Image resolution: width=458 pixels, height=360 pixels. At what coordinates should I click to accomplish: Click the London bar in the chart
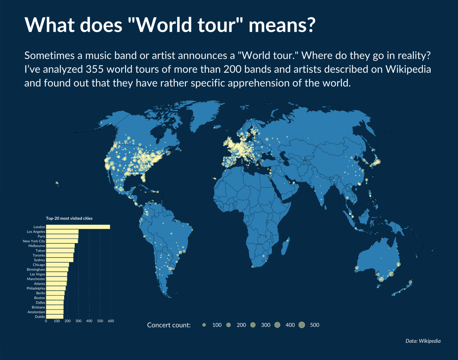78,227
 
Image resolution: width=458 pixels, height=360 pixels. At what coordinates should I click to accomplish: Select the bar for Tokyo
60,251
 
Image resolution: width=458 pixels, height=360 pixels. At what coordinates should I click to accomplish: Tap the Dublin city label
40,317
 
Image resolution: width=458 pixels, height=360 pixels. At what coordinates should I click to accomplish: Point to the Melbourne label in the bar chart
37,246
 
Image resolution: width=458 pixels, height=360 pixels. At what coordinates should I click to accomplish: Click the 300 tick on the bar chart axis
78,321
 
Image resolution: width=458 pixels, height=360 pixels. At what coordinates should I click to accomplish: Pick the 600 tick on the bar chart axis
111,321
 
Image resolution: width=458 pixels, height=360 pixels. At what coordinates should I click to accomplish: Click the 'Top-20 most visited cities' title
69,218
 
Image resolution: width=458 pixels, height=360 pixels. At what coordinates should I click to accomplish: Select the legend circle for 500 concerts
302,325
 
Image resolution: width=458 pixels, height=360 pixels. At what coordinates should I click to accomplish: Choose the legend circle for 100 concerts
204,325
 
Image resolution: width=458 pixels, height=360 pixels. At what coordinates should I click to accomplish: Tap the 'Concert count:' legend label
169,325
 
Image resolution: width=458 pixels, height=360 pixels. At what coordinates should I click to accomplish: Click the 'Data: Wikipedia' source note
423,341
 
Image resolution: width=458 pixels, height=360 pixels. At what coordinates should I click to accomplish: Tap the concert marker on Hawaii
57,183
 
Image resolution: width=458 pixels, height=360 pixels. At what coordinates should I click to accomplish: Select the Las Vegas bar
56,274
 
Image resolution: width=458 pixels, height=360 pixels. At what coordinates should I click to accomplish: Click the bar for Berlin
55,293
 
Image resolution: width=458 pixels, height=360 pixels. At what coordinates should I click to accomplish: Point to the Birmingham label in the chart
36,269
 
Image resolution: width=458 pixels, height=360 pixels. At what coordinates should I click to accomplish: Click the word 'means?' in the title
281,24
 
